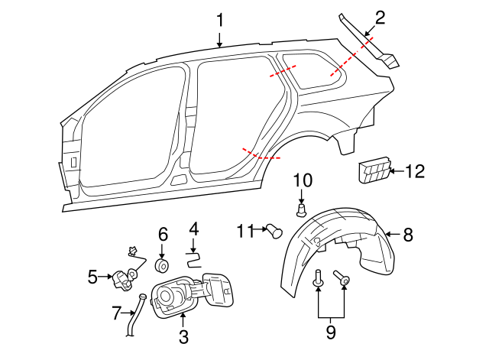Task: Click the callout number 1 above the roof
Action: (220, 20)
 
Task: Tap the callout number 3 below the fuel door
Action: (183, 336)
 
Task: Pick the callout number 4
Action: (193, 228)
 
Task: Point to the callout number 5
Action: (93, 276)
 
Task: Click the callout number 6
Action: (163, 233)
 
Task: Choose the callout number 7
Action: (116, 313)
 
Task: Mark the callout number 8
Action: (408, 235)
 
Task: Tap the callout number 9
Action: (330, 332)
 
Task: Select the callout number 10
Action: (303, 180)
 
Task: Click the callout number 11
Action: (244, 229)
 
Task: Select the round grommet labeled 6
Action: (163, 265)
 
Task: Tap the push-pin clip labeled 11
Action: (274, 229)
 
